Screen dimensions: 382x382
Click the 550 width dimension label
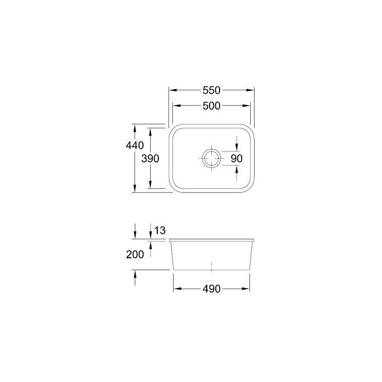pyautogui.click(x=211, y=90)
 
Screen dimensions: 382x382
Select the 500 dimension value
pyautogui.click(x=211, y=106)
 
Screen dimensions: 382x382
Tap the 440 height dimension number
pyautogui.click(x=135, y=146)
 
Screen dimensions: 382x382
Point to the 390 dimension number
pyautogui.click(x=150, y=159)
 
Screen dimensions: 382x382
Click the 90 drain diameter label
pyautogui.click(x=236, y=159)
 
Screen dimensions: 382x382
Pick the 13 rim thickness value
pyautogui.click(x=160, y=230)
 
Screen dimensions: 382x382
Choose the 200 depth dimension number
pyautogui.click(x=135, y=255)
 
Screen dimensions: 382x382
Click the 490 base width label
pyautogui.click(x=211, y=289)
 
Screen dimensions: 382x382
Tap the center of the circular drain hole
pyautogui.click(x=211, y=159)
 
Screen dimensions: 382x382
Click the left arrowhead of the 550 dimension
pyautogui.click(x=173, y=90)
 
